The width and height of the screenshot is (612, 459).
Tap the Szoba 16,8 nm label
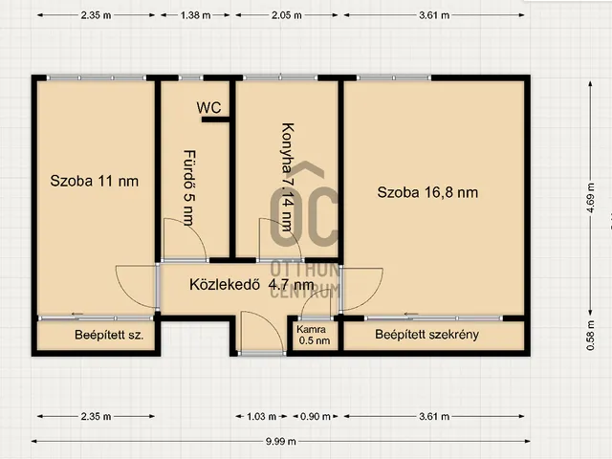(x=427, y=192)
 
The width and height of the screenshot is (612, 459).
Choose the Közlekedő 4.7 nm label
(x=251, y=284)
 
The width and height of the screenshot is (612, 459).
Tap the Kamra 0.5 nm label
(x=315, y=335)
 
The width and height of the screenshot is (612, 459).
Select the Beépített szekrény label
(x=426, y=335)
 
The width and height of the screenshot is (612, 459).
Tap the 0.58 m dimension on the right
(x=590, y=334)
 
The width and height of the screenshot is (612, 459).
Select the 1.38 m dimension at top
(x=195, y=15)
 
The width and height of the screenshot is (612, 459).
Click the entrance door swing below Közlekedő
(x=258, y=332)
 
